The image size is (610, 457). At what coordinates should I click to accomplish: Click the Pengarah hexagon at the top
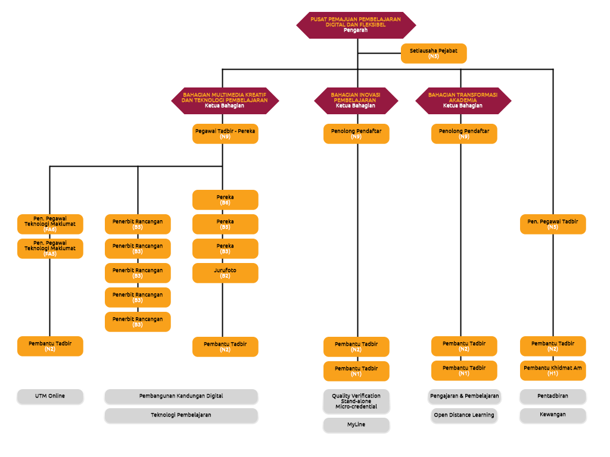point(356,25)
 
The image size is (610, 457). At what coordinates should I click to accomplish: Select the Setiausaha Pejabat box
point(434,54)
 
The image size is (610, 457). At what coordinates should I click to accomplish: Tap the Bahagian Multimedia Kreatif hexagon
point(225,101)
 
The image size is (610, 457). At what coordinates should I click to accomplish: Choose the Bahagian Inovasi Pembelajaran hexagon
point(356,101)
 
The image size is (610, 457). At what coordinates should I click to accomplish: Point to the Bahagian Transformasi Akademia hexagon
point(463,101)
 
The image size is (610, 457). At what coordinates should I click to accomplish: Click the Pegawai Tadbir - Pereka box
point(225,134)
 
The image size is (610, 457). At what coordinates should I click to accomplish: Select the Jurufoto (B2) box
point(225,273)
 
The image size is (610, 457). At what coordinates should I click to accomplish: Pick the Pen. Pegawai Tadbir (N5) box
point(553,224)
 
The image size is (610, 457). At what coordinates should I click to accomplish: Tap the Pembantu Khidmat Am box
point(553,371)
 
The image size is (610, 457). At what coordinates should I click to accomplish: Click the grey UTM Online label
point(50,396)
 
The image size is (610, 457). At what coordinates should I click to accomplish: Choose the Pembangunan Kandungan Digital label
point(181,396)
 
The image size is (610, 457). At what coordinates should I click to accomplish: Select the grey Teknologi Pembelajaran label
point(181,415)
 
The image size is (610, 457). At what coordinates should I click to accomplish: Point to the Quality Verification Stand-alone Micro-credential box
point(356,402)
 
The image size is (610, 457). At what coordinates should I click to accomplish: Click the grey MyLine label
point(356,425)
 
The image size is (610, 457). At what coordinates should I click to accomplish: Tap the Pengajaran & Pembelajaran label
point(465,396)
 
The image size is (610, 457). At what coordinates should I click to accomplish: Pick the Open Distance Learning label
point(465,415)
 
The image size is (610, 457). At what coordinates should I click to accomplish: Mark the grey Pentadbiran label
point(553,396)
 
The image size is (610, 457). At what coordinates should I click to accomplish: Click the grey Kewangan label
point(553,415)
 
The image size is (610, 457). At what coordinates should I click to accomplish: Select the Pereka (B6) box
point(225,200)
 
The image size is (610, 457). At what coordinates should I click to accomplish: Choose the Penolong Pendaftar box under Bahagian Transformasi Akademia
point(464,134)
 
